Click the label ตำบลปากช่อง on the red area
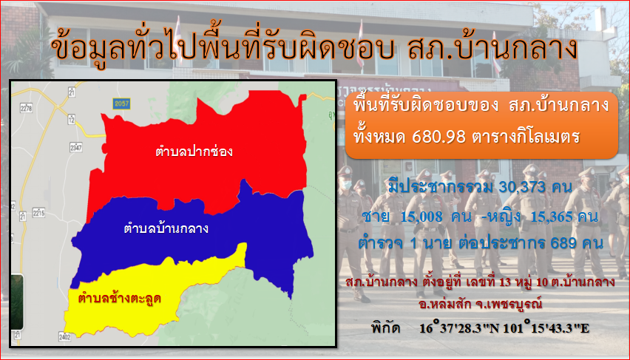tap(194, 152)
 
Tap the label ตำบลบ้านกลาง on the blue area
tap(166, 228)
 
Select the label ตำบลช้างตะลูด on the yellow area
tap(120, 299)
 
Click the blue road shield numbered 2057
tap(121, 103)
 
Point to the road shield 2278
tap(26, 108)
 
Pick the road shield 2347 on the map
tap(76, 147)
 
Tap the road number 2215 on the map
tap(39, 212)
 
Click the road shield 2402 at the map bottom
tap(64, 336)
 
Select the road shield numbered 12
tap(72, 119)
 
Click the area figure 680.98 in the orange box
tap(439, 137)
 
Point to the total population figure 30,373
tap(522, 187)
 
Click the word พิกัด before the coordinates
tap(386, 328)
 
